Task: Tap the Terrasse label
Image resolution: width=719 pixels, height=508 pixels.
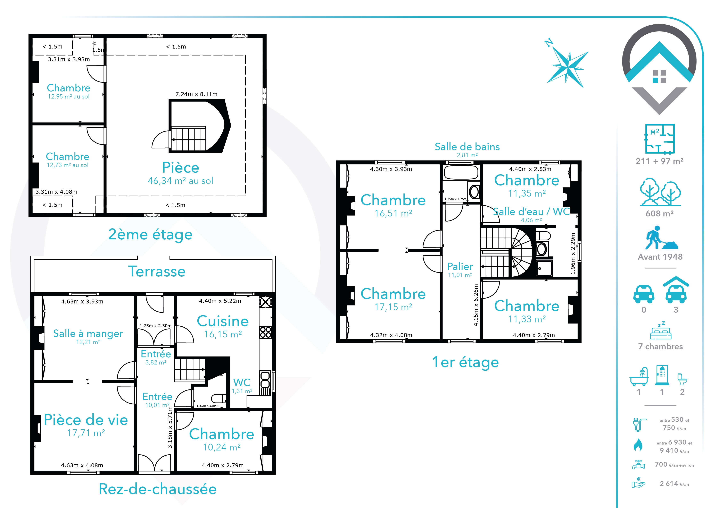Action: [157, 271]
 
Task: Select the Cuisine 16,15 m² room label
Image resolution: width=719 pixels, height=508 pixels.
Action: [223, 326]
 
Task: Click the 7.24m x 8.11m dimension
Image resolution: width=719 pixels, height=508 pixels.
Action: [196, 94]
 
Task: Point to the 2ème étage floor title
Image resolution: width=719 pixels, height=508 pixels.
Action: [150, 234]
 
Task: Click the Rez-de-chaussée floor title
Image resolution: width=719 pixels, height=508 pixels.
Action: [158, 489]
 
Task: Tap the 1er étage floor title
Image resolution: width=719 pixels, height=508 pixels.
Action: [465, 362]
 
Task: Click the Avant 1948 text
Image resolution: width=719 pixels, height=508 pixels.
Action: [660, 257]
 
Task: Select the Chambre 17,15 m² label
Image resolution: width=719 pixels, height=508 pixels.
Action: [393, 299]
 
